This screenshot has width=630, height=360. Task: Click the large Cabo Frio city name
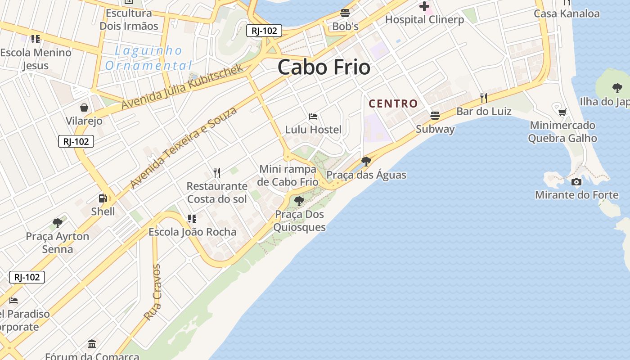tap(324, 67)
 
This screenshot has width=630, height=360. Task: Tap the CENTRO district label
tap(393, 103)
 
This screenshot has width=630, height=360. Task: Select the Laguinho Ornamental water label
tap(148, 58)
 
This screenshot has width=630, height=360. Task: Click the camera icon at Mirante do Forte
tap(576, 182)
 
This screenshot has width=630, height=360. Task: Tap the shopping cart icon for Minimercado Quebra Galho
tap(562, 112)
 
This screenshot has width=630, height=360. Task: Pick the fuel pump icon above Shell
tap(103, 198)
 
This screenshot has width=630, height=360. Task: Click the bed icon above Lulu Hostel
tap(313, 117)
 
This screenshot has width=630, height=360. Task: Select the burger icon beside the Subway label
tap(435, 116)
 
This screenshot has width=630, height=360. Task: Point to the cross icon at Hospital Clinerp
tap(424, 6)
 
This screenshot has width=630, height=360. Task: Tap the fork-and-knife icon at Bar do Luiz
tap(484, 98)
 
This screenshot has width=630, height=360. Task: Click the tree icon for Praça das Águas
tap(366, 161)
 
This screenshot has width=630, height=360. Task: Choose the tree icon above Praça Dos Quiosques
tap(299, 201)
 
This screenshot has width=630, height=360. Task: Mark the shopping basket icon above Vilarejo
tap(84, 108)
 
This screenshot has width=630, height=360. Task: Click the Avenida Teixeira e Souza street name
tap(183, 148)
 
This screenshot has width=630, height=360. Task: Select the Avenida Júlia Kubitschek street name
tap(182, 86)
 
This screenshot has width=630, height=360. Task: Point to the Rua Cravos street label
tap(153, 292)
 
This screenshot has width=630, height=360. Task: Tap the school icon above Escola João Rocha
tap(192, 219)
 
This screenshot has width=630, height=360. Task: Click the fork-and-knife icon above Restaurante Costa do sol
tap(217, 172)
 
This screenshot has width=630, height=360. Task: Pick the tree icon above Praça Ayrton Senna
tap(57, 222)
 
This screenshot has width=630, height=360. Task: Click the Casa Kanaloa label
tap(567, 13)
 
